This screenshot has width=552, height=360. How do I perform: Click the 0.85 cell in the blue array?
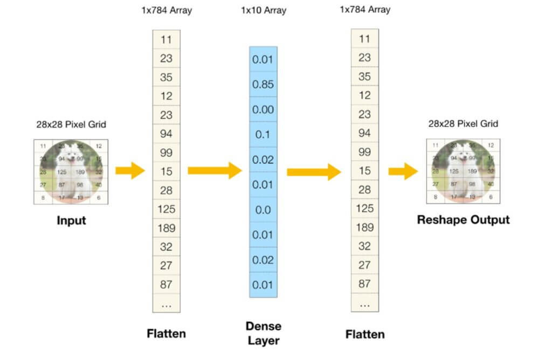coord(263,85)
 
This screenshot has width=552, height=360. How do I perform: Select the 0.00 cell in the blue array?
coord(263,109)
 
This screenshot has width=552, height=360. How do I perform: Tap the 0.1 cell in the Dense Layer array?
coord(263,135)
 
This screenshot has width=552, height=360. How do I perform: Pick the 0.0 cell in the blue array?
coord(263,210)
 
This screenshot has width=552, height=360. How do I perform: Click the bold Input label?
coord(72,221)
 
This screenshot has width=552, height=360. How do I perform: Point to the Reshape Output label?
coord(463,220)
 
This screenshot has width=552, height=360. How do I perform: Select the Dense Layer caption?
coord(263,333)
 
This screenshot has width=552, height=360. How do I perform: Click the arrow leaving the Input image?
coord(130,171)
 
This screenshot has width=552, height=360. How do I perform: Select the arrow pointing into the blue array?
coord(215,171)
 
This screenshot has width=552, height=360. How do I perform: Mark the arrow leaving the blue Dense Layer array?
coord(314,172)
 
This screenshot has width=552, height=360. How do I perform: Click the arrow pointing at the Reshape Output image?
coord(403,172)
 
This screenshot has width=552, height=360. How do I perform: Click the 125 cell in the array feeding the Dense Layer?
coord(166,209)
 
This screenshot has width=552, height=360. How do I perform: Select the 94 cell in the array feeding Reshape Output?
coord(364,133)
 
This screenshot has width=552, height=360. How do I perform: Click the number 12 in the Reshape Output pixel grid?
coord(489,145)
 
